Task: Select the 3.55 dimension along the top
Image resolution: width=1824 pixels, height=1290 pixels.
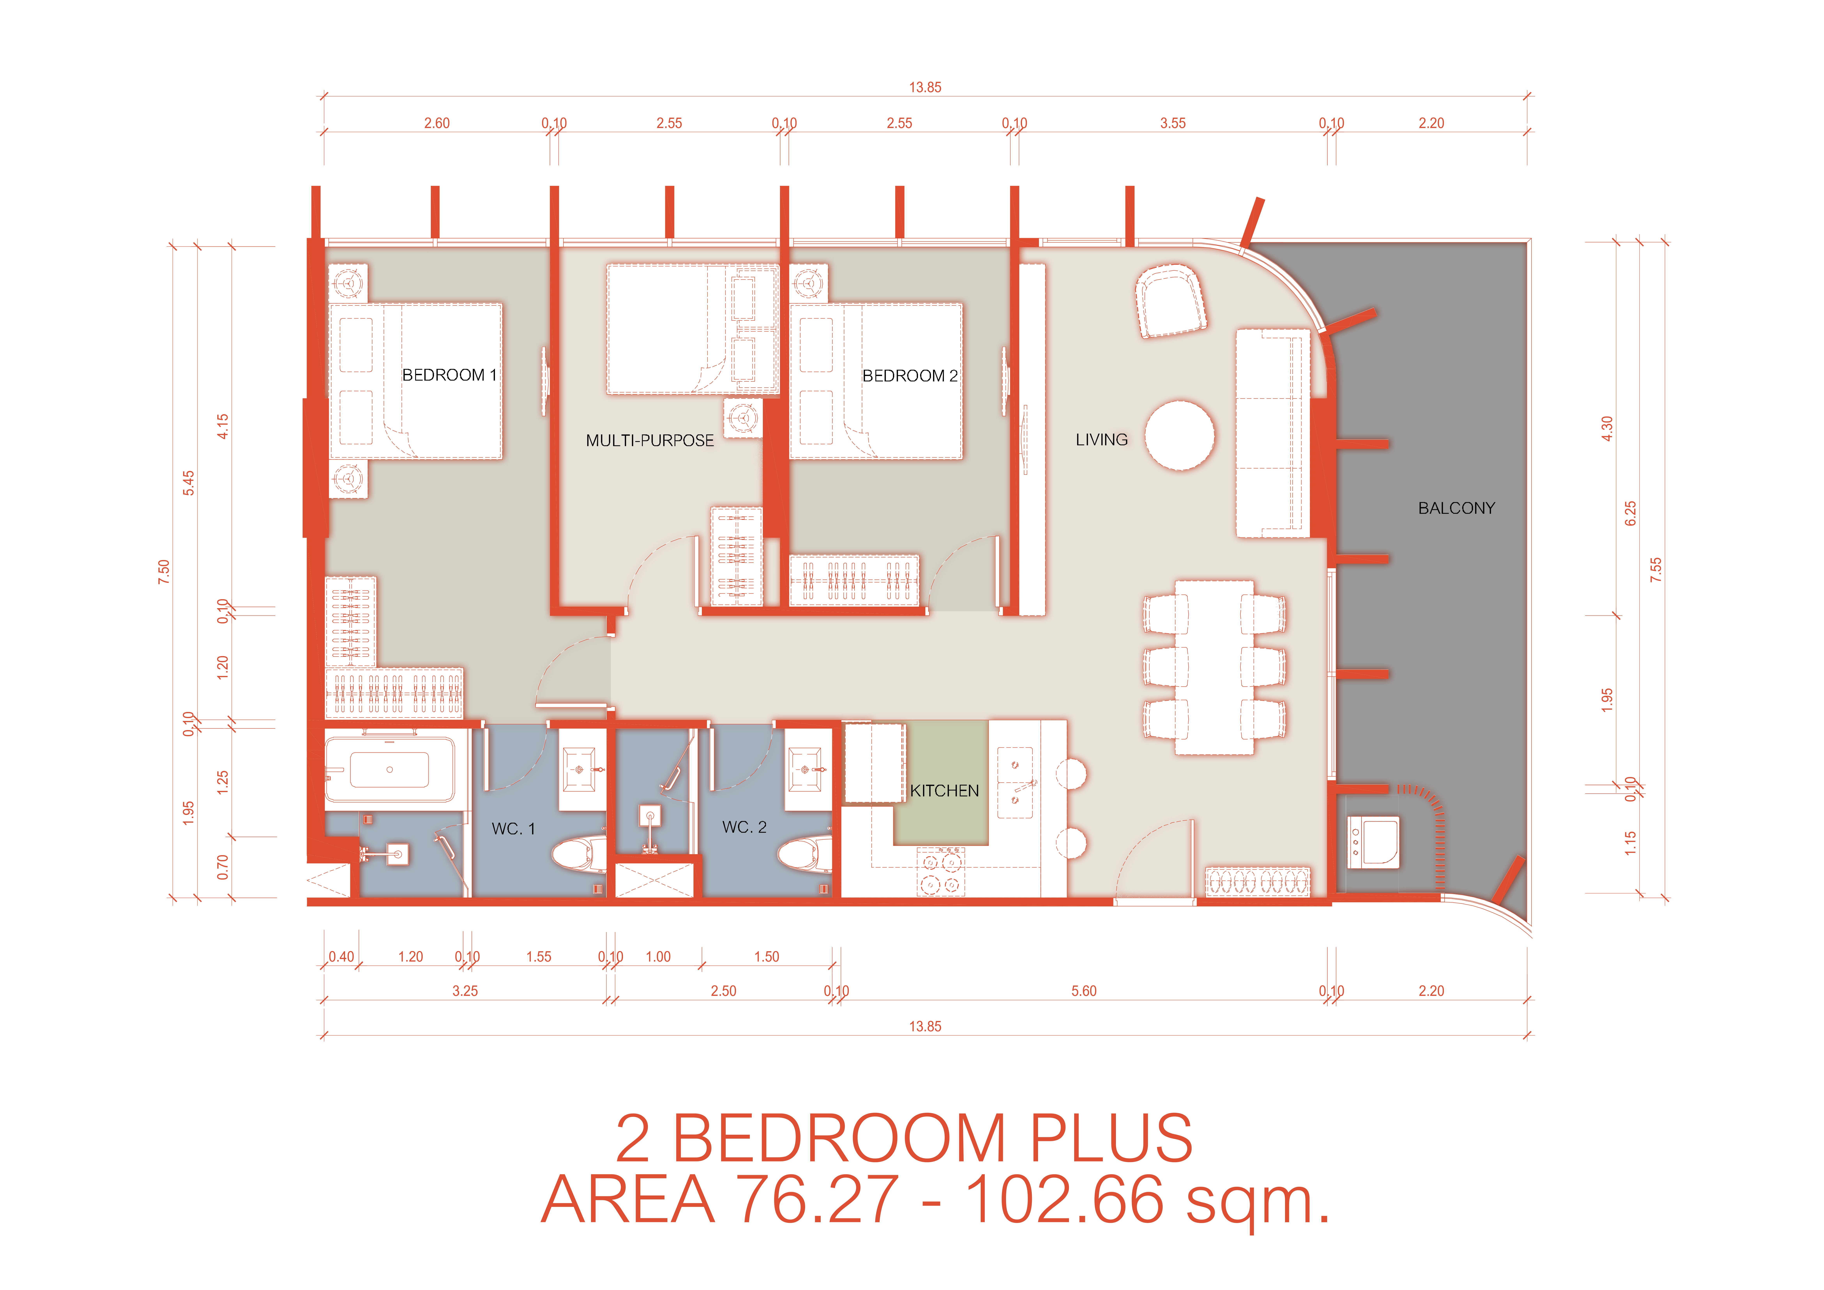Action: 1173,123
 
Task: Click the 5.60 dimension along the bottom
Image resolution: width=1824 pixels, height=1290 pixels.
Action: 1084,991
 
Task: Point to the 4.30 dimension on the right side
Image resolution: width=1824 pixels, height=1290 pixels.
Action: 1607,429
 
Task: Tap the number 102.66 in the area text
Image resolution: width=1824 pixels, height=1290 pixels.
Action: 1064,1199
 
